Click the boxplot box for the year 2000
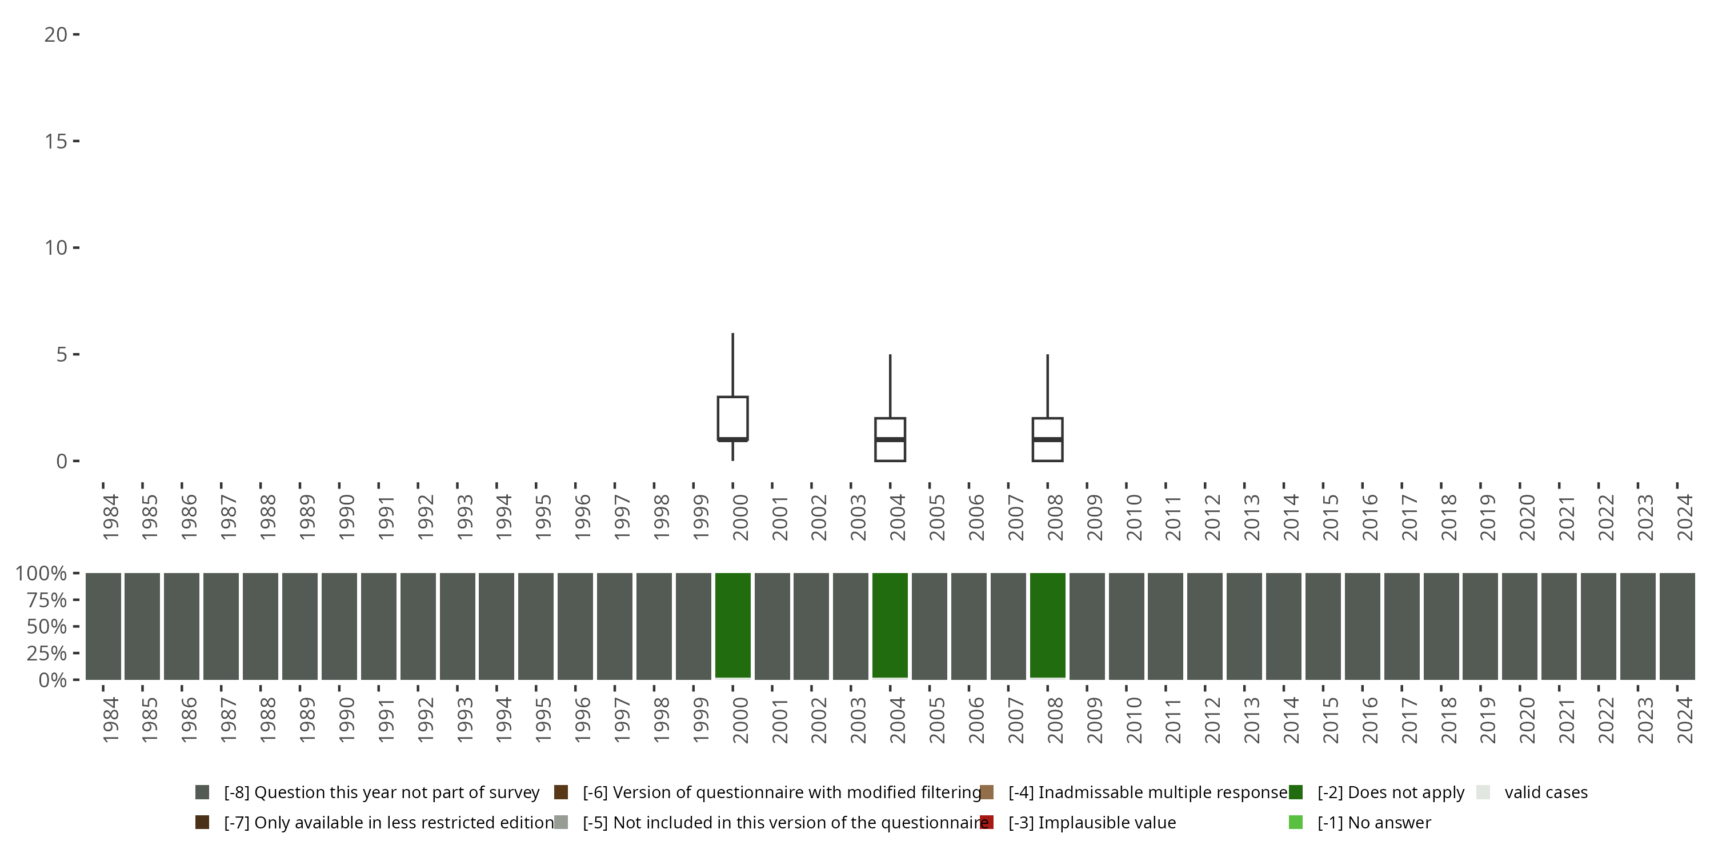pos(732,418)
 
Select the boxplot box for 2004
pos(890,439)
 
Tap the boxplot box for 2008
pos(1047,439)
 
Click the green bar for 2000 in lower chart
pos(732,626)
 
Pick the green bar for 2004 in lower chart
pos(890,626)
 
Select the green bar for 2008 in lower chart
pos(1047,626)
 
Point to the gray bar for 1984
pos(103,626)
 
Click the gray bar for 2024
pos(1677,626)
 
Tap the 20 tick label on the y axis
pos(56,35)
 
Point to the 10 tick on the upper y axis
pos(56,248)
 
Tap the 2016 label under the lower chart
pos(1369,720)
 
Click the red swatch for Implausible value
pos(987,822)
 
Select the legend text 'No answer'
pos(1374,822)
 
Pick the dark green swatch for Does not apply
pos(1295,792)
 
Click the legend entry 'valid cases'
pos(1545,792)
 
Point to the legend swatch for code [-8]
pos(202,792)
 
